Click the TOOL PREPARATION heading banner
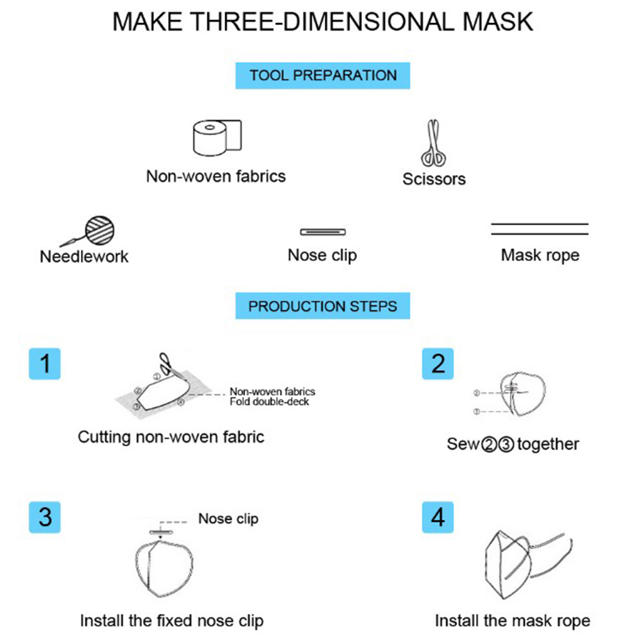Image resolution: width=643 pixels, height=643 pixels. point(323,76)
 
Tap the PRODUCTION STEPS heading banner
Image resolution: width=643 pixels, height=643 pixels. point(323,306)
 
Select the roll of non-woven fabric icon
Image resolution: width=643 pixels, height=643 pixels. point(218,138)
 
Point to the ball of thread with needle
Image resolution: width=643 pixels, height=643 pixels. point(99,230)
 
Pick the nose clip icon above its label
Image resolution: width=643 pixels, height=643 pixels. point(323,232)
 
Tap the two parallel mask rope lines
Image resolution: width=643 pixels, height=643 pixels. point(540,229)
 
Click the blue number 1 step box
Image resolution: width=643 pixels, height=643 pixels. point(45,364)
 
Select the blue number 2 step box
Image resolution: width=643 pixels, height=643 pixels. point(438,364)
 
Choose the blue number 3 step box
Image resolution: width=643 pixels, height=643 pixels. point(45,517)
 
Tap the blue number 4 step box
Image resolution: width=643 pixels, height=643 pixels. point(438,517)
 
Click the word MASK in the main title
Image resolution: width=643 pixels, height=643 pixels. point(498,22)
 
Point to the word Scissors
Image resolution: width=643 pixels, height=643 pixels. point(434,179)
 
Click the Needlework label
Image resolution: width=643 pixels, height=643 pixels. point(84,257)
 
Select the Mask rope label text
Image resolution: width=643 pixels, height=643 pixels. point(540,255)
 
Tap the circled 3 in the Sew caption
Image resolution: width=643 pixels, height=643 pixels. point(506,445)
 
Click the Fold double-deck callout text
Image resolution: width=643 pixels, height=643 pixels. point(269,402)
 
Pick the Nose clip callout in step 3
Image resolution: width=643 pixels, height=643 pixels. point(228,519)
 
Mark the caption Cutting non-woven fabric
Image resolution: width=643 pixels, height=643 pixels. point(171,437)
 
